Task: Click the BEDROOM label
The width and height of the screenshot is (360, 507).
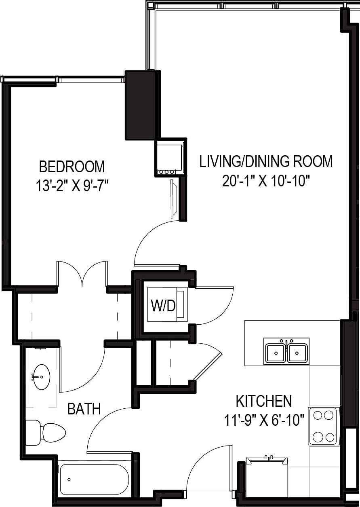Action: [72, 166]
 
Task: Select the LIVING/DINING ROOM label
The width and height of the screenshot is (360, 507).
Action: [266, 161]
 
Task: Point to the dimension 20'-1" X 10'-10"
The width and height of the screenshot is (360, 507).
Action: [266, 180]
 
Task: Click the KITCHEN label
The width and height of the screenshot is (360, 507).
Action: [263, 401]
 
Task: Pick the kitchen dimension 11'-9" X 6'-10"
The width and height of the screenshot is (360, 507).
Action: [263, 420]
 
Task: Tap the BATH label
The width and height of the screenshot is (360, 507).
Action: [84, 409]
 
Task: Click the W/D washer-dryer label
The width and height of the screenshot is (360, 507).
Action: [163, 306]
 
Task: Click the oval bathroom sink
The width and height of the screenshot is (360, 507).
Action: [41, 377]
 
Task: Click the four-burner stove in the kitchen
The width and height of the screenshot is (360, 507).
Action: [324, 426]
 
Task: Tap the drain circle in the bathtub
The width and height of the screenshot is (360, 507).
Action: [69, 480]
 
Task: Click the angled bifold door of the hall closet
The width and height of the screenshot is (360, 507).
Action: [208, 366]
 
